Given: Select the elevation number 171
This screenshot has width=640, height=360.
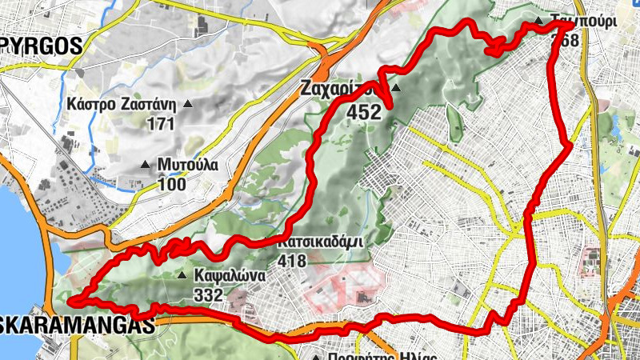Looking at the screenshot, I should pos(160,123).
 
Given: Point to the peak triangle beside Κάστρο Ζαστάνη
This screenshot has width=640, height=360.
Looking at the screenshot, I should pos(188,103).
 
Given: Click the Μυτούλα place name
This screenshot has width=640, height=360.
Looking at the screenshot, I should pos(187,165).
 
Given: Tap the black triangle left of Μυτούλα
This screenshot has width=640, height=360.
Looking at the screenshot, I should pos(145,165).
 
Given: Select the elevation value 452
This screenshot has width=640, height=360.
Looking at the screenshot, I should pos(363,113).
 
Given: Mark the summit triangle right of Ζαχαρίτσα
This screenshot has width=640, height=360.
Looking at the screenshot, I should pos(396,87).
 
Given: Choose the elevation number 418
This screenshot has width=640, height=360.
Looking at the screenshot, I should pos(295,260).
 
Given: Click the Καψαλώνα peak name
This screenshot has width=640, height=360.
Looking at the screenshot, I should pos(225,275).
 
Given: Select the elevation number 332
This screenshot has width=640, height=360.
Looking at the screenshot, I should pos(208,294).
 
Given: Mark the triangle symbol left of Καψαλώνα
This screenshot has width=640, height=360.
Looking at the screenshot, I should pos(181,275).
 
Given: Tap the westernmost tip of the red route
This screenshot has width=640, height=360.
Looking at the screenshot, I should pos(70,302).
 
